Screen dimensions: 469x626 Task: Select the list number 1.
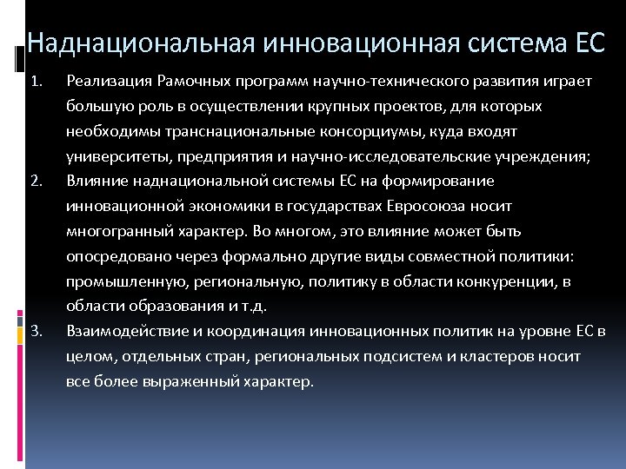[x=36, y=83]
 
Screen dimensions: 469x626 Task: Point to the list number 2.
[x=36, y=182]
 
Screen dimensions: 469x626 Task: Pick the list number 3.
[x=36, y=332]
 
